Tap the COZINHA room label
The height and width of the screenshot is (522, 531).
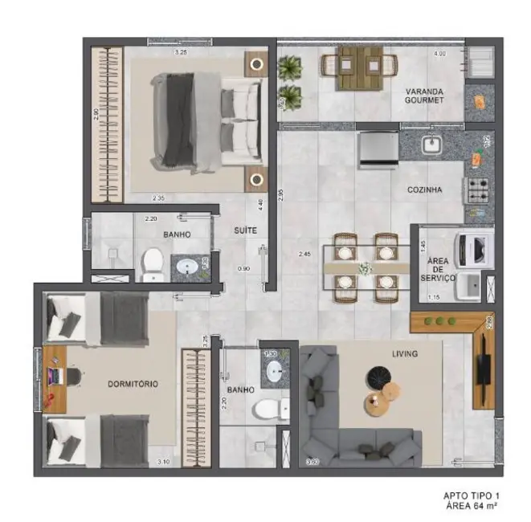point(425,190)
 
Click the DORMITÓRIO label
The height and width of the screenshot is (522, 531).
point(133,384)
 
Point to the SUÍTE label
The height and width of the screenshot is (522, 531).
point(246,230)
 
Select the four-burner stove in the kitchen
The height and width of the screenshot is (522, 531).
point(479,190)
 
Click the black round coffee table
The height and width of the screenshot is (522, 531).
point(377,376)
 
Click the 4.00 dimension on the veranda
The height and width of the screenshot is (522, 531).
point(439,54)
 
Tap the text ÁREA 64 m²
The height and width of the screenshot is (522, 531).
point(472,506)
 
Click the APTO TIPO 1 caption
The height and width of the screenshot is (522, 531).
point(472,495)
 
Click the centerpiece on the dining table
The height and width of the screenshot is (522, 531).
point(366,267)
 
